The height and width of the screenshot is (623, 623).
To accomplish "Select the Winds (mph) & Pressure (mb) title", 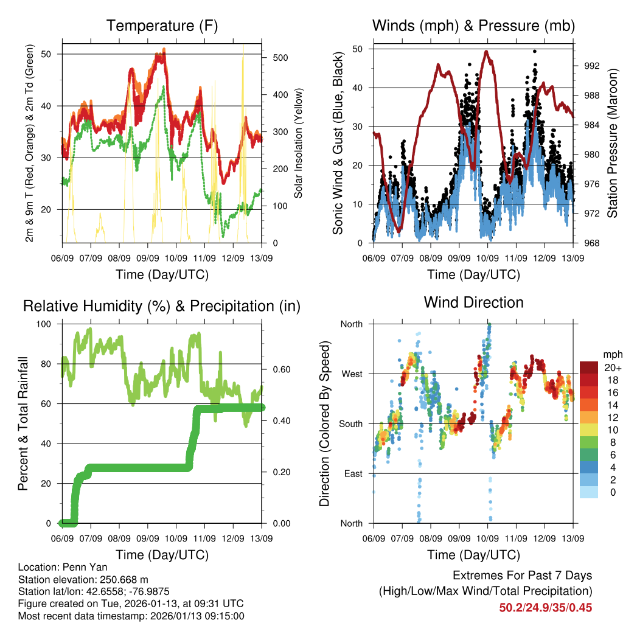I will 473,26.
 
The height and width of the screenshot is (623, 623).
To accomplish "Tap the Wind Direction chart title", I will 473,302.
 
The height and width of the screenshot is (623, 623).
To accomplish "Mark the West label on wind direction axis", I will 351,374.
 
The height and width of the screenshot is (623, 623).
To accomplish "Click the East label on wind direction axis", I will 352,473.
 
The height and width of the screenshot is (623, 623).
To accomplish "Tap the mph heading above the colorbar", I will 611,354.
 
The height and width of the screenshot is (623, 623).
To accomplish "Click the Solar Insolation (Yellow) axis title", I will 299,144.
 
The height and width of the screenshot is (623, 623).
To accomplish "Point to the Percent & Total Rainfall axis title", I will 23,424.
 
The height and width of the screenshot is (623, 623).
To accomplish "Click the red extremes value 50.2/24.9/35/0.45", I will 546,608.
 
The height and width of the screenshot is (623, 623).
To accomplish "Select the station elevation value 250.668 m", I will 118,579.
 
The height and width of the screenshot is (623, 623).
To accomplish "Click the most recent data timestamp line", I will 131,616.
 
